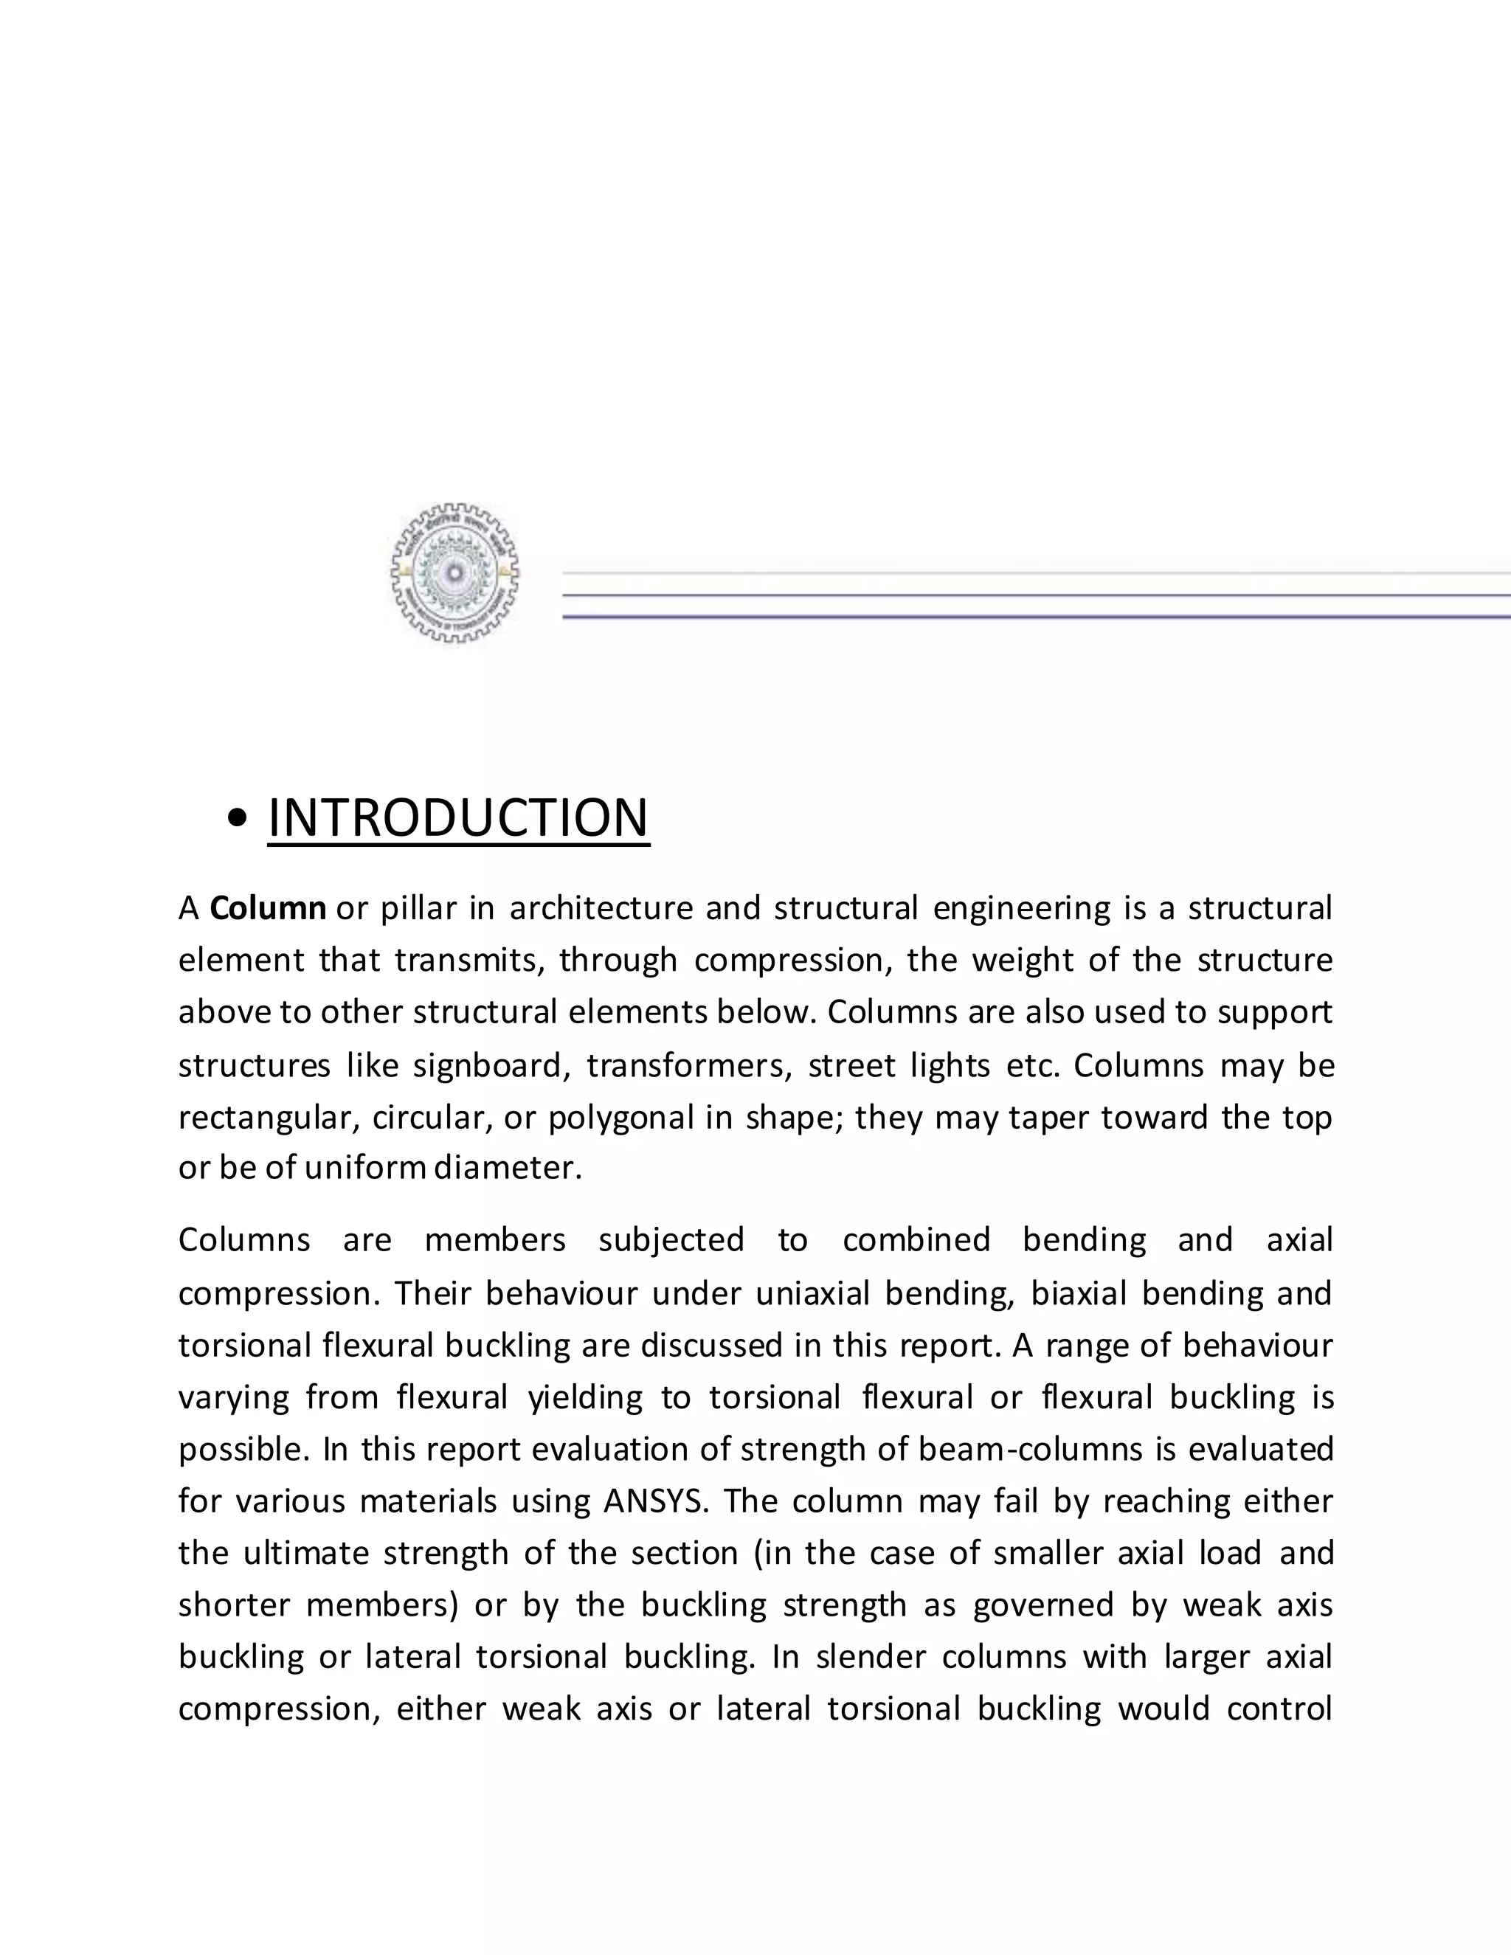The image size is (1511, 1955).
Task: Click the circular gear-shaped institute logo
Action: click(x=454, y=573)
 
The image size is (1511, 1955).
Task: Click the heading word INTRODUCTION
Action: click(x=458, y=817)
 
